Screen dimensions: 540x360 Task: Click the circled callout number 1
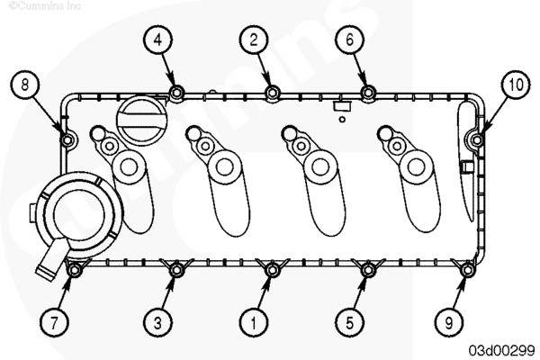(x=254, y=323)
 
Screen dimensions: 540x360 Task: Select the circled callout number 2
(x=254, y=40)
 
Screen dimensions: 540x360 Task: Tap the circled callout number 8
(x=24, y=85)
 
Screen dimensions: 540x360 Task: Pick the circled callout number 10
(x=515, y=85)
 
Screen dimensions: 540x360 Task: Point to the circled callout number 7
(x=54, y=323)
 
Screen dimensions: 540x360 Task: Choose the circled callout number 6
(x=349, y=40)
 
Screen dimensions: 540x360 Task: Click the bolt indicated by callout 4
(x=176, y=93)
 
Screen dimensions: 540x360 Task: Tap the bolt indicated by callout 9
(x=467, y=270)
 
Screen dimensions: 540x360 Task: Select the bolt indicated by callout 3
(x=176, y=270)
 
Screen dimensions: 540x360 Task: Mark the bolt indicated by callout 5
(x=368, y=270)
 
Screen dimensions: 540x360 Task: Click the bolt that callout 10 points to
(x=477, y=139)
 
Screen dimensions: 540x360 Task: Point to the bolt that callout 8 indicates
(x=67, y=139)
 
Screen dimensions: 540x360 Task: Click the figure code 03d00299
(x=502, y=350)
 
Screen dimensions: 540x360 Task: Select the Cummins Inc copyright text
(x=45, y=5)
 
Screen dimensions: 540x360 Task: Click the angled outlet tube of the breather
(x=51, y=258)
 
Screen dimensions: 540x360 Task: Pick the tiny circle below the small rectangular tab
(x=342, y=119)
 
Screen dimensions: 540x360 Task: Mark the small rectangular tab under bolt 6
(x=342, y=106)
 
